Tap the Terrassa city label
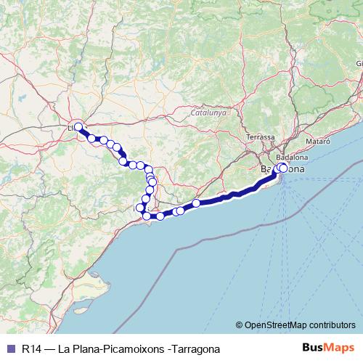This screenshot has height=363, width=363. pyautogui.click(x=260, y=137)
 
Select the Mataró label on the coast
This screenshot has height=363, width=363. pyautogui.click(x=318, y=141)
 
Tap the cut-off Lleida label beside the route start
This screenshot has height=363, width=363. pyautogui.click(x=71, y=129)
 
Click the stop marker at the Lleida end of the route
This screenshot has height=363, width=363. pyautogui.click(x=78, y=127)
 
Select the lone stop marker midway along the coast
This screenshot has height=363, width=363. pyautogui.click(x=196, y=203)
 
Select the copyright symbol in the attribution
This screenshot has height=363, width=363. pyautogui.click(x=239, y=325)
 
